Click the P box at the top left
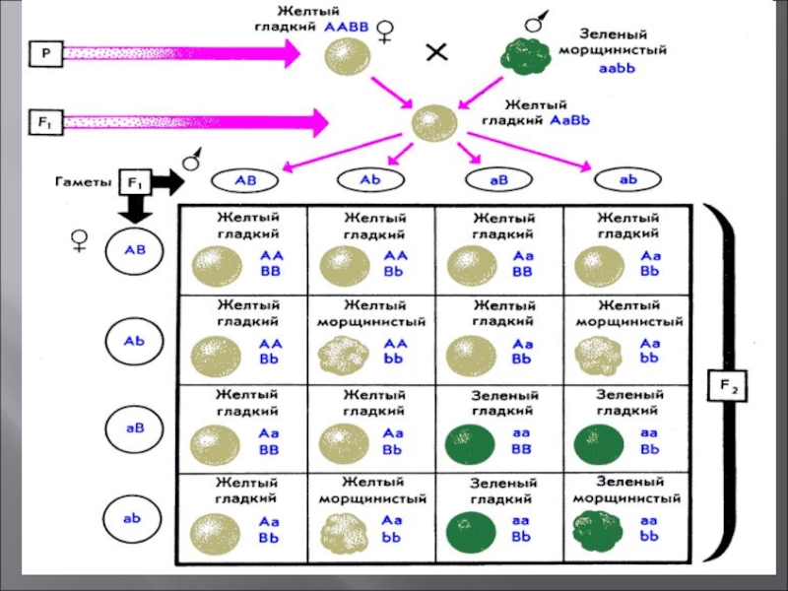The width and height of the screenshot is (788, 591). (44, 55)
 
